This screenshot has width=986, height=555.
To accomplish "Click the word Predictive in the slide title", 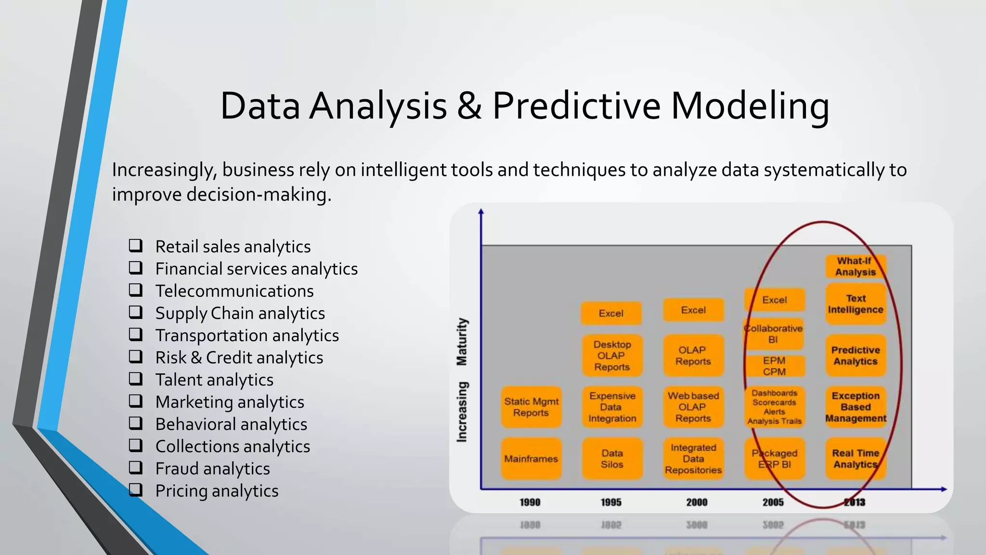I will tap(576, 106).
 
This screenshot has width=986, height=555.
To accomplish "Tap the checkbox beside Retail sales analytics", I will tap(136, 246).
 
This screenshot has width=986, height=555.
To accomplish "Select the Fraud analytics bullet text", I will tap(212, 469).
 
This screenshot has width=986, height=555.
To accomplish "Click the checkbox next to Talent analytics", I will tap(136, 379).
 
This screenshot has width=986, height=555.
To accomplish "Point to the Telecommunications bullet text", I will tap(234, 291).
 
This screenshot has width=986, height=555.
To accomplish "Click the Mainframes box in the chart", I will tap(531, 459).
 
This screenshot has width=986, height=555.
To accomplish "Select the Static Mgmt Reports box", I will tap(531, 407).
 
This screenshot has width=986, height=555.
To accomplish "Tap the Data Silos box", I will tap(612, 459).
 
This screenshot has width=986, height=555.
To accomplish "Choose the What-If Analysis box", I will tap(856, 266).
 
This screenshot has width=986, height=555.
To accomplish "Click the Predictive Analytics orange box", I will tap(856, 356).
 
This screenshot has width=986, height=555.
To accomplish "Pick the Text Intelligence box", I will tap(856, 304).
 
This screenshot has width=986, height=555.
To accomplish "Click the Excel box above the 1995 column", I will tap(611, 313).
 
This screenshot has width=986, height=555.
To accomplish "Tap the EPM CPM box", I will tap(774, 366).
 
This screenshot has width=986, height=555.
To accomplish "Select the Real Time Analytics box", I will tap(856, 459).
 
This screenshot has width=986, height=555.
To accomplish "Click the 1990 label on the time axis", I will tap(530, 502).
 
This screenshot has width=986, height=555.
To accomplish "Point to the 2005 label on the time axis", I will tap(773, 502).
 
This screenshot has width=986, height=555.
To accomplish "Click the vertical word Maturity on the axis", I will tap(462, 342).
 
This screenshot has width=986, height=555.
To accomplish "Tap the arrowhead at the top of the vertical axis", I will tap(481, 211).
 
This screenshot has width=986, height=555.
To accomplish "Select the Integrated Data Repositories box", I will tap(693, 459).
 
